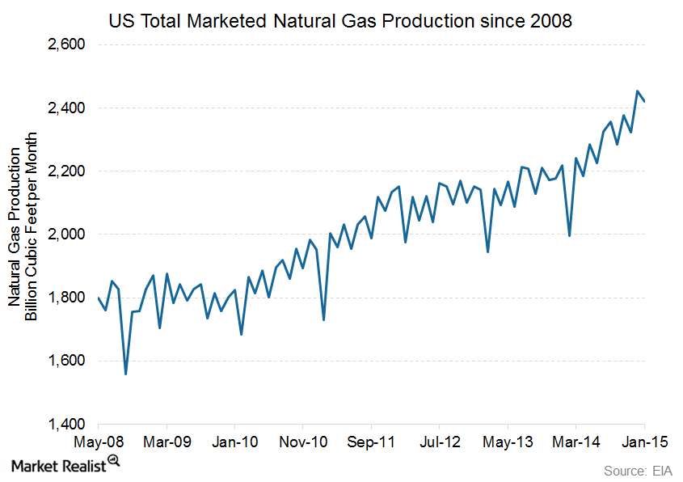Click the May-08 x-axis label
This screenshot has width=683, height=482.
coord(98,442)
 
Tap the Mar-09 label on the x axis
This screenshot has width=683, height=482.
coord(167,442)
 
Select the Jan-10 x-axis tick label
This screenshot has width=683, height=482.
coord(234,442)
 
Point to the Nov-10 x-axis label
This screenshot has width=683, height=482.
coord(303,442)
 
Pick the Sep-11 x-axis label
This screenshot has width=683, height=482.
coord(371,442)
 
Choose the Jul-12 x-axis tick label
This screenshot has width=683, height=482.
coord(439,442)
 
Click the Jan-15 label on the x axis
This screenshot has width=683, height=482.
coord(644,442)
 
